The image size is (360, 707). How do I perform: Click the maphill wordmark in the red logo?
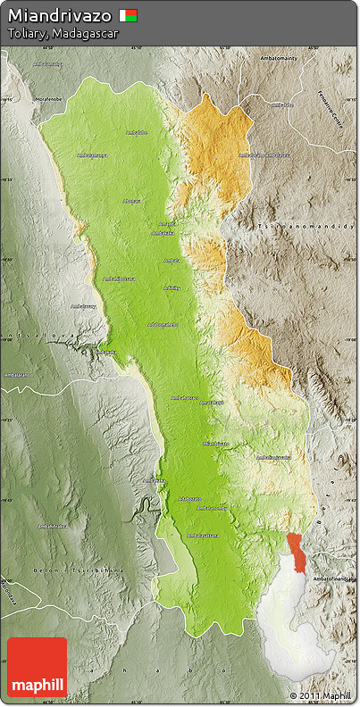point(37,686)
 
